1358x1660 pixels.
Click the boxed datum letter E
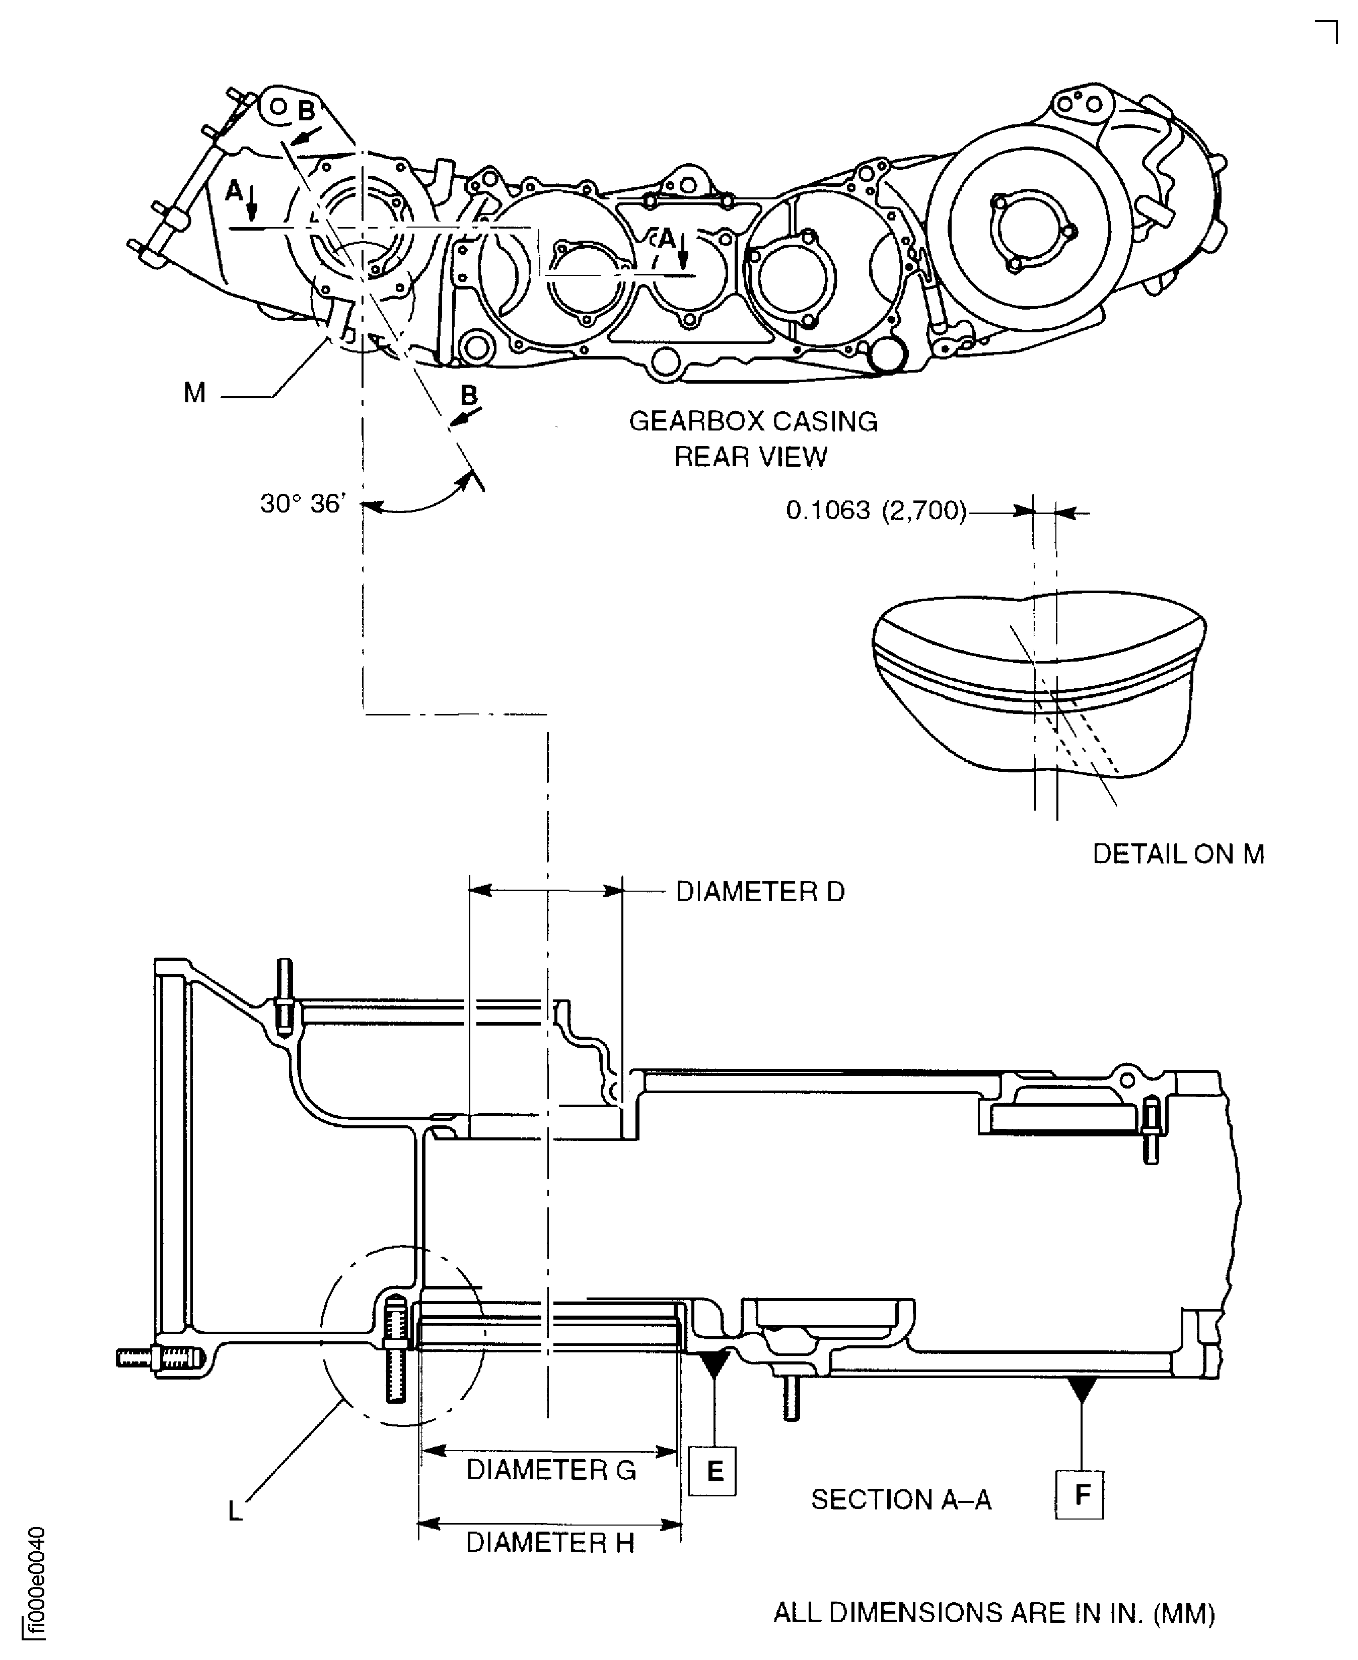point(712,1472)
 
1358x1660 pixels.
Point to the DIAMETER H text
point(549,1543)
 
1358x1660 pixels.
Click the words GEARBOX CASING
point(753,421)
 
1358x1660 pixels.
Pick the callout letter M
point(195,393)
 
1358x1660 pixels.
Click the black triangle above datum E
point(714,1363)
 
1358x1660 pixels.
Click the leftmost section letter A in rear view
point(234,190)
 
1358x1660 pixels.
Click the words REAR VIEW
point(750,457)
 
